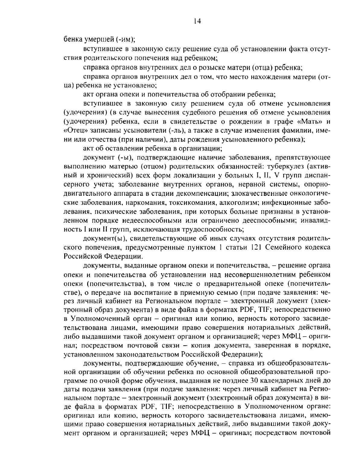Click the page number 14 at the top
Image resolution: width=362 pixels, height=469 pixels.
click(x=198, y=21)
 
